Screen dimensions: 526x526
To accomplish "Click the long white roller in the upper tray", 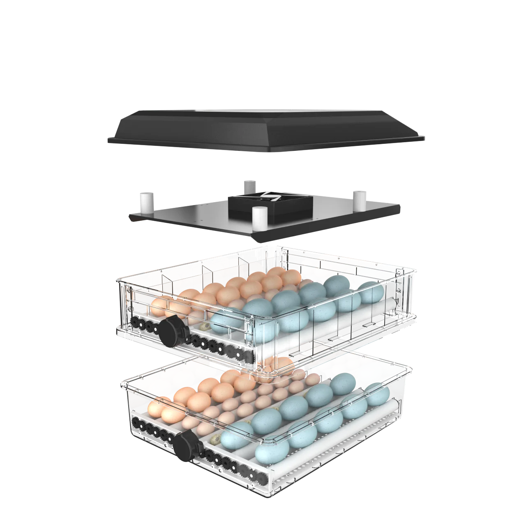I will (x=329, y=329).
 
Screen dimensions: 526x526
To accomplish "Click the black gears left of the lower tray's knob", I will (x=152, y=431).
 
